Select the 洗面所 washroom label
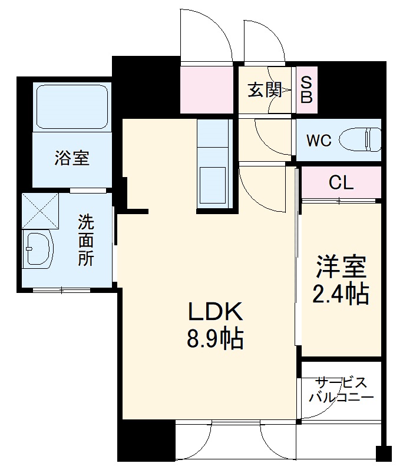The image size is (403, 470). pos(86,241)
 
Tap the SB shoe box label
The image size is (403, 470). pos(306,91)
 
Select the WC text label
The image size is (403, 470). pos(319,141)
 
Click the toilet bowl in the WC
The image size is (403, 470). pos(368,139)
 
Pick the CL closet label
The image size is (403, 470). pos(341,183)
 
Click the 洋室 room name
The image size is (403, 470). pos(341,268)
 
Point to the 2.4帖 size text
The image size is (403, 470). pos(341,293)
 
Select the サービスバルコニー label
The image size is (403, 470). pos(341,390)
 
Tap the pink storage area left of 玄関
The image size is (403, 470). pos(208,91)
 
